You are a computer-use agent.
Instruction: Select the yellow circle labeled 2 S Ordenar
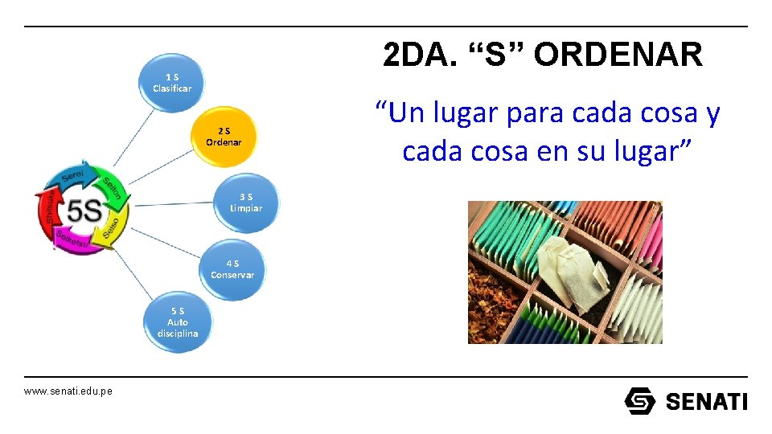[x=223, y=137]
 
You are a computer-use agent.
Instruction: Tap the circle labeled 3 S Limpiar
[x=245, y=203]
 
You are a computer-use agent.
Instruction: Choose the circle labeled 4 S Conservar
[x=232, y=269]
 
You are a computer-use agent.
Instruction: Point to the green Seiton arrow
[x=110, y=186]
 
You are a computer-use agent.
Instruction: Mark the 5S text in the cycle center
[x=83, y=211]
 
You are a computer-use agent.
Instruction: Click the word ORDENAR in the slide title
[x=618, y=55]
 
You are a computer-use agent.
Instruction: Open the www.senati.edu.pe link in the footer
[x=68, y=391]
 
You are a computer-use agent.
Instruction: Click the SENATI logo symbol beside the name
[x=640, y=400]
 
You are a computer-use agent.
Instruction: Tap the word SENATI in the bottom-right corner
[x=706, y=401]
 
